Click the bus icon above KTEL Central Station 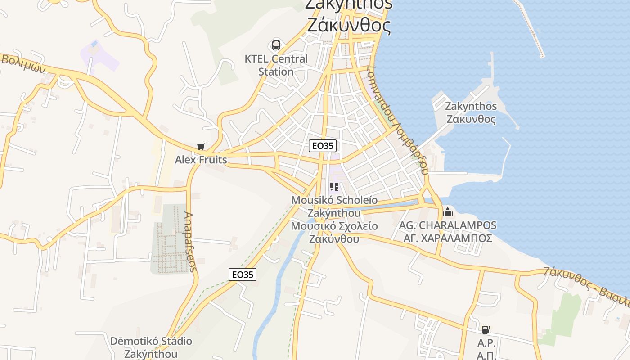coord(276,45)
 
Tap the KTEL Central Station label coord(276,65)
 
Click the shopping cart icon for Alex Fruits coord(201,147)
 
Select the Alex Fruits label coord(201,160)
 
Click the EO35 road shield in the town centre coord(323,146)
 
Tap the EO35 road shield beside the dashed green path coord(242,274)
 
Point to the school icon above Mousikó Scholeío coord(334,187)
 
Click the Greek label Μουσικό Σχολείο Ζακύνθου coord(334,232)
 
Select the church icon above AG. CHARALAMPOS coord(448,211)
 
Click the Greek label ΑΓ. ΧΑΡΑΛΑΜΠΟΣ coord(448,238)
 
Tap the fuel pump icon coord(486,330)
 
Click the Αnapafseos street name coord(191,242)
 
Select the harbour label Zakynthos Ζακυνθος coord(471,113)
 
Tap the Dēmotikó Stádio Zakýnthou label coord(151,347)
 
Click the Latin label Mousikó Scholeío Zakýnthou coord(334,206)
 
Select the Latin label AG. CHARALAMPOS coord(448,225)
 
